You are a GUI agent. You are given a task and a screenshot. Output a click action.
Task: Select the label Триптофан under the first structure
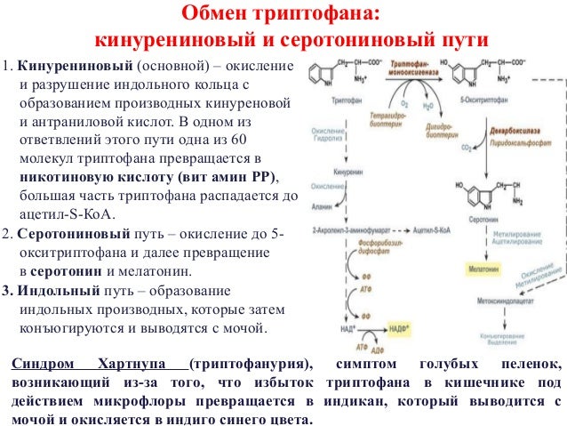point(329,103)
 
